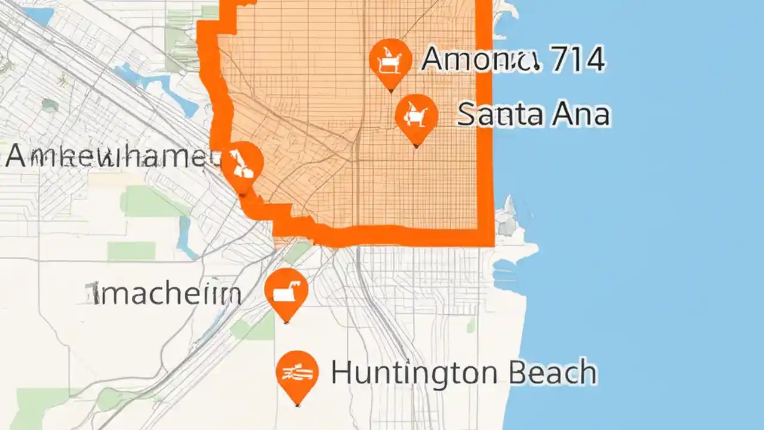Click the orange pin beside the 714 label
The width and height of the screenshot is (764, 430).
390,60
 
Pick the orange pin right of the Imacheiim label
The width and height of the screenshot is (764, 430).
286,291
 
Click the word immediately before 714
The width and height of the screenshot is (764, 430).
481,60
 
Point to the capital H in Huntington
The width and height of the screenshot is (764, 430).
340,373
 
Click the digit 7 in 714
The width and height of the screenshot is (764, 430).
556,60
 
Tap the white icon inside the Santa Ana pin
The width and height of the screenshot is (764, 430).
417,113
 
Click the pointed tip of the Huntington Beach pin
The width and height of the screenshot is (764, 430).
297,405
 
